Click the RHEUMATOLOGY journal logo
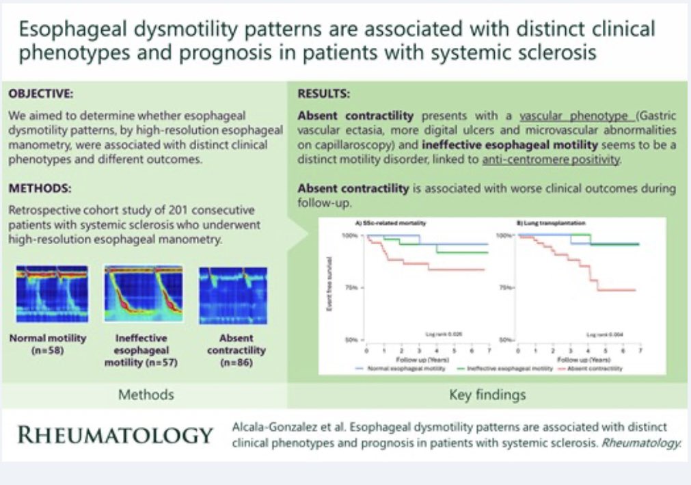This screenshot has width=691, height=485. tap(116, 434)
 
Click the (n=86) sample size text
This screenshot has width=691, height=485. tap(236, 362)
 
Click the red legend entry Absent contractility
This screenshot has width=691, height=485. tap(597, 369)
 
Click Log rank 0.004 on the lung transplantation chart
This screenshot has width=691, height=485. tap(601, 335)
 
